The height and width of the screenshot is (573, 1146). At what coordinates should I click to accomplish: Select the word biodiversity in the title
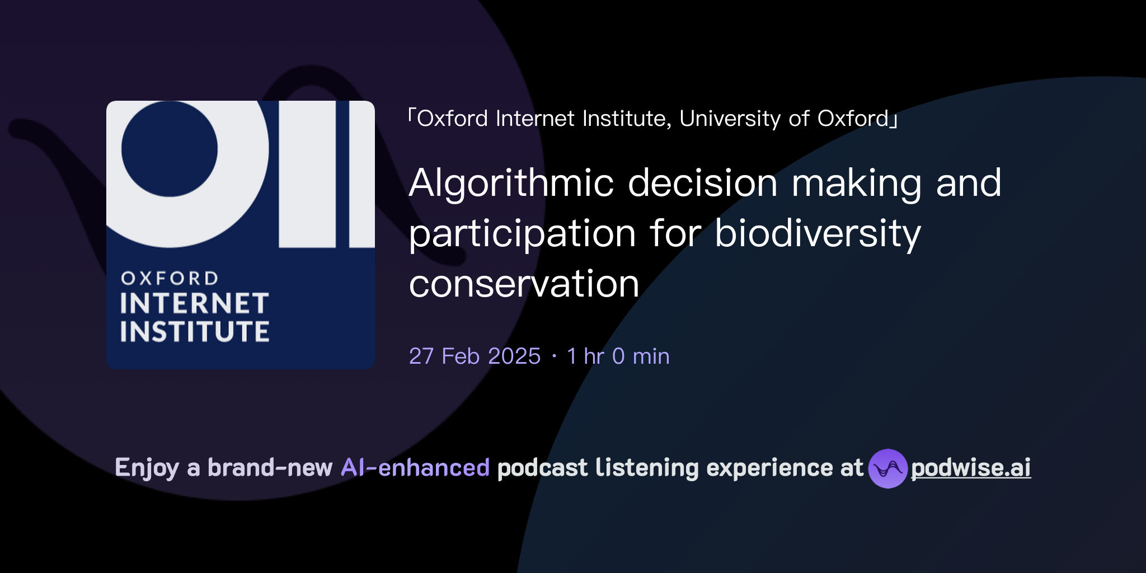tap(818, 234)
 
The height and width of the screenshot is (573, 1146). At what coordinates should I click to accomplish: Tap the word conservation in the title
tap(524, 284)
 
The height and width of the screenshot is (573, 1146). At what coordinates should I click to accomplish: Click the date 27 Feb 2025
tap(475, 356)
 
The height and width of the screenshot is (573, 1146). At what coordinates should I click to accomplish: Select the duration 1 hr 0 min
tap(618, 356)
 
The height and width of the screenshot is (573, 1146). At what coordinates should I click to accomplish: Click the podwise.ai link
tap(970, 468)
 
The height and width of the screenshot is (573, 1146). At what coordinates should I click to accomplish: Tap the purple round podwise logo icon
tap(887, 468)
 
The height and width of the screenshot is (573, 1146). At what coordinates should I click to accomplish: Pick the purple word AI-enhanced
tap(415, 468)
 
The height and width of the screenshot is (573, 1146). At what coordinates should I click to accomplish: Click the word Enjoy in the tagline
tap(147, 468)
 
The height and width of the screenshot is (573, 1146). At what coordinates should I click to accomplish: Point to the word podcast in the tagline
tap(542, 468)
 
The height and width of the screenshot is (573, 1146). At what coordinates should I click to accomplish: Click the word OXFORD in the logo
tap(170, 278)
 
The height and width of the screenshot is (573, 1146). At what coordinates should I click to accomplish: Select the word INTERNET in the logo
tap(194, 304)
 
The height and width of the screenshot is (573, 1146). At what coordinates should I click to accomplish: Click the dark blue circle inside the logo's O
tap(169, 148)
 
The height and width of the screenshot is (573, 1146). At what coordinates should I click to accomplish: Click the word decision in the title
tap(702, 184)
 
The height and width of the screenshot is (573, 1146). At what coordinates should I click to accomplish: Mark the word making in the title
tap(856, 184)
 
